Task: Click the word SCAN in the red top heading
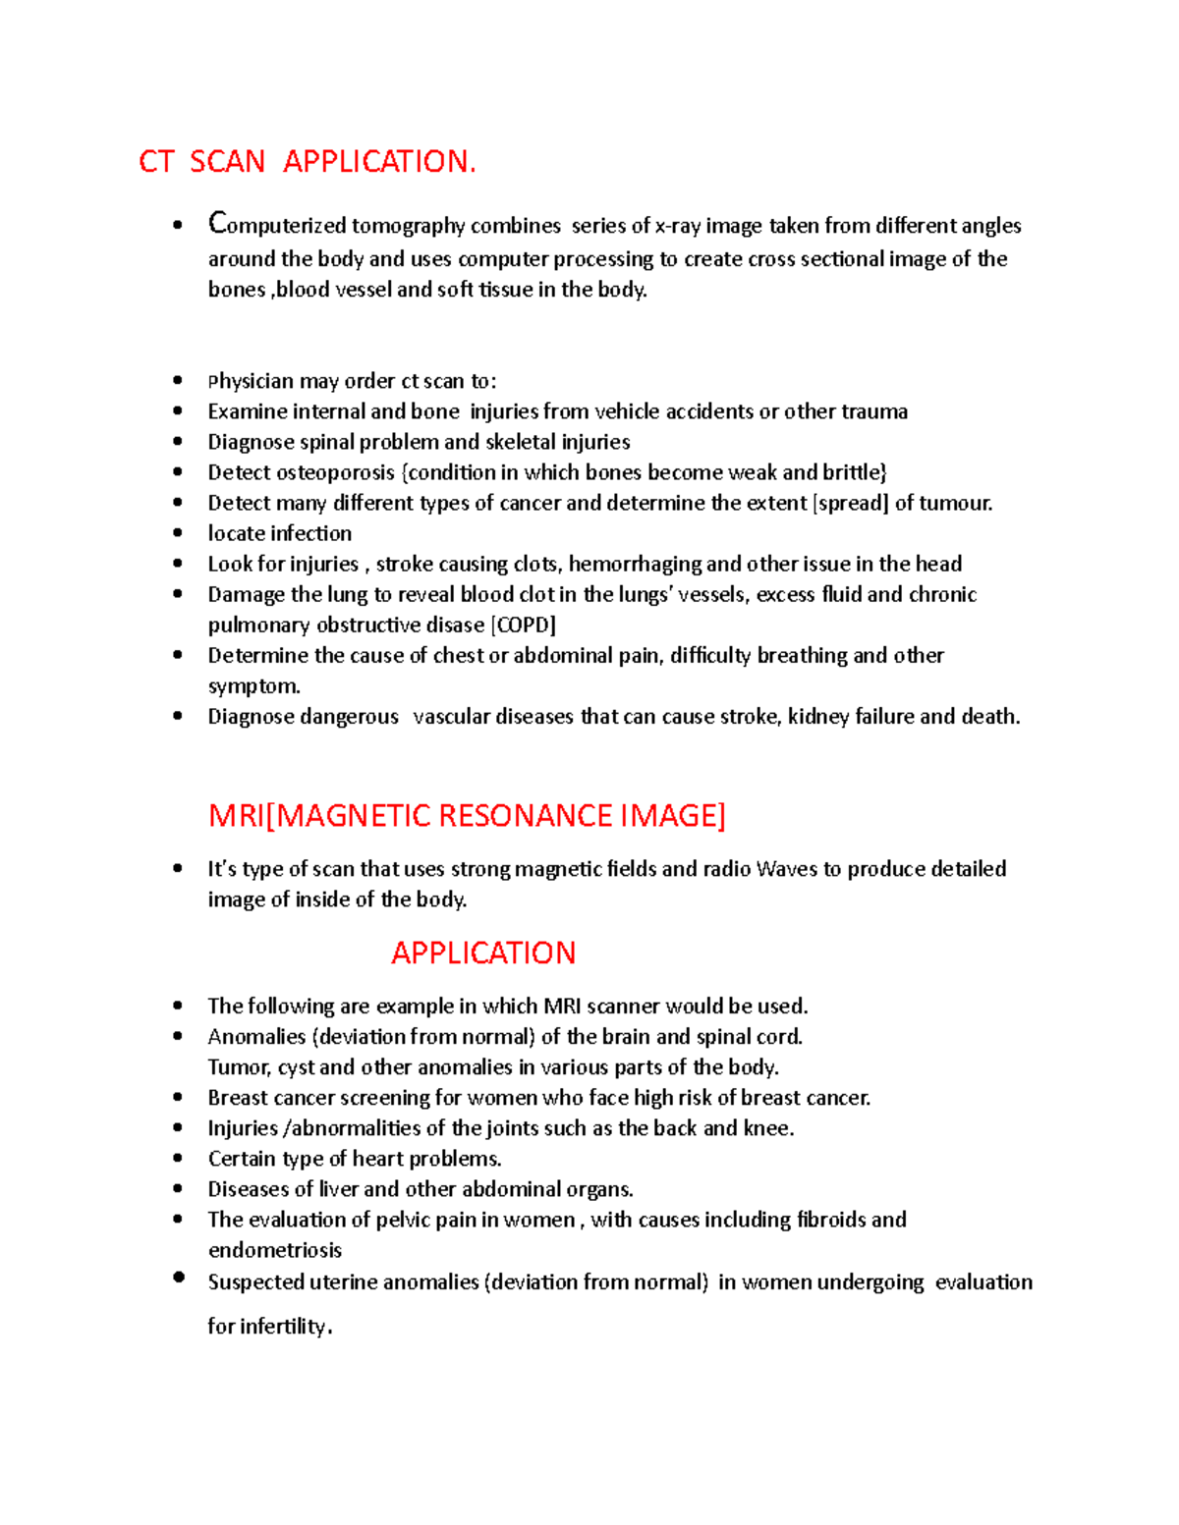point(227,161)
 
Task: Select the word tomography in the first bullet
point(408,226)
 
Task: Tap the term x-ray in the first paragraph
point(677,226)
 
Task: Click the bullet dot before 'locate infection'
point(178,532)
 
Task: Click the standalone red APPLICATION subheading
point(482,953)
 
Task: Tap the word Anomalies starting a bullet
point(256,1037)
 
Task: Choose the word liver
point(339,1189)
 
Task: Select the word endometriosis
point(275,1250)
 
